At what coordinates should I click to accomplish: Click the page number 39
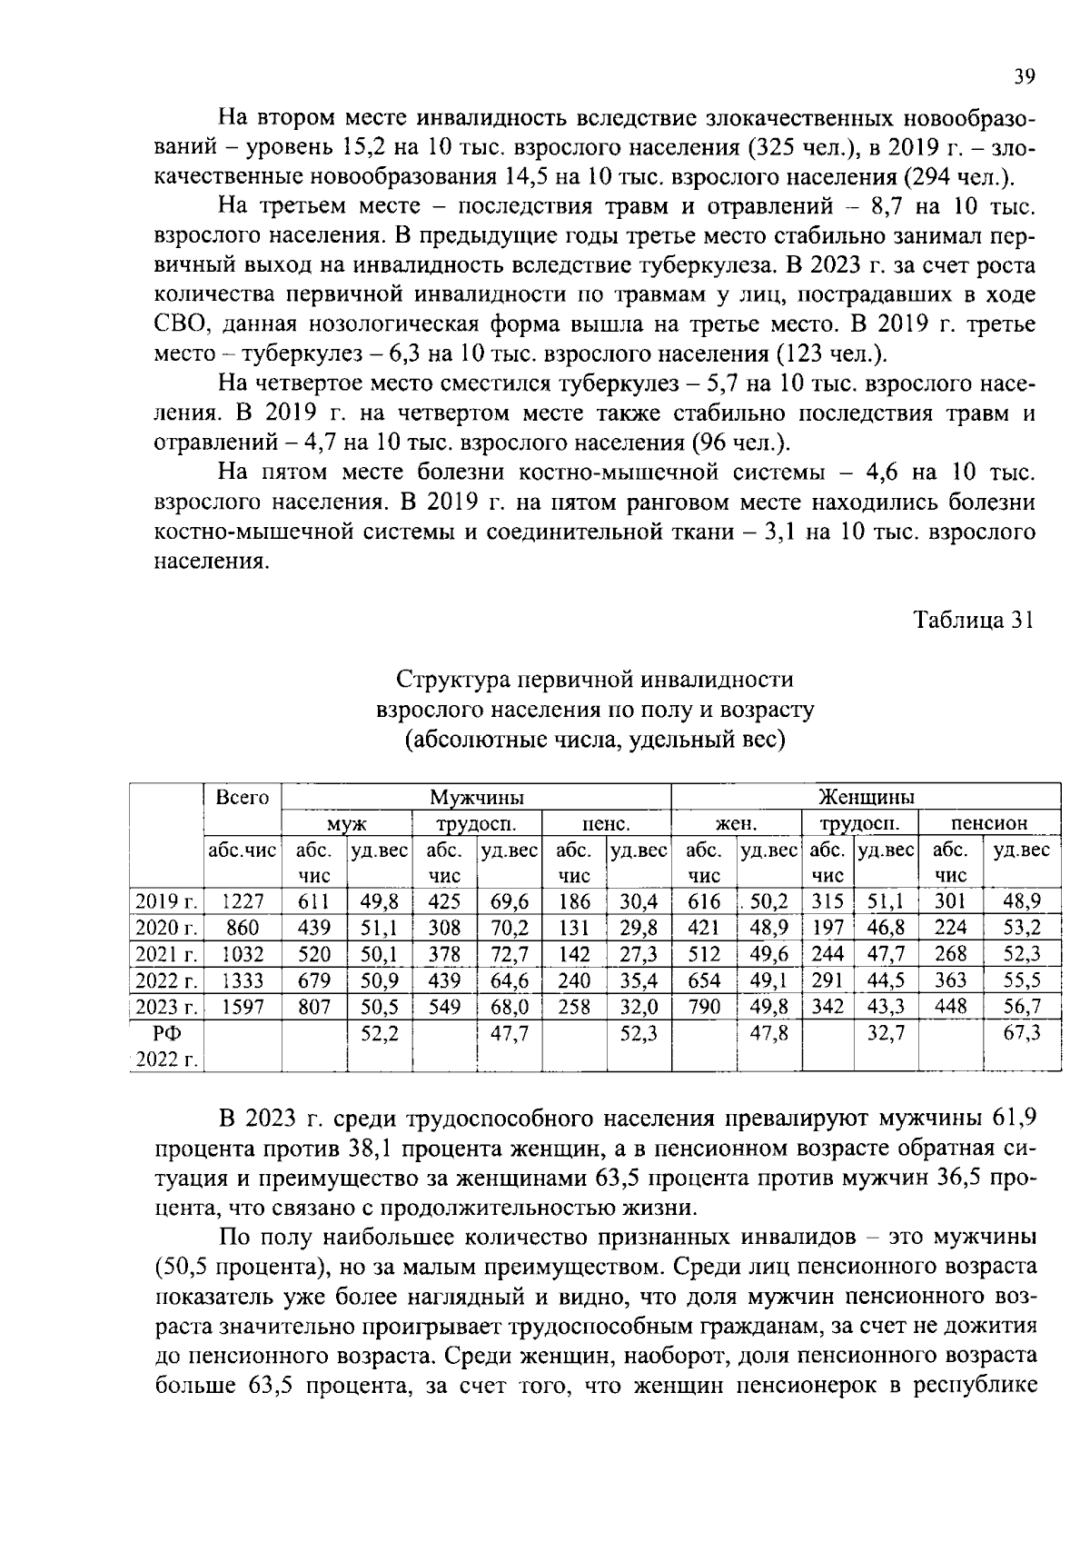(x=1024, y=77)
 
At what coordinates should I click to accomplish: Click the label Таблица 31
(x=974, y=621)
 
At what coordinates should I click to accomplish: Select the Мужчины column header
(x=476, y=798)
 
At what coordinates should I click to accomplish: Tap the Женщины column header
(x=866, y=798)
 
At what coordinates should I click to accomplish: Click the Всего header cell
(x=243, y=797)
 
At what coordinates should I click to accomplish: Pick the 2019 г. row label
(x=166, y=901)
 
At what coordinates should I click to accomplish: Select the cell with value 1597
(x=243, y=1007)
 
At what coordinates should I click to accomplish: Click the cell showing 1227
(x=243, y=901)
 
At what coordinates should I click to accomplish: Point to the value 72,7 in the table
(x=510, y=954)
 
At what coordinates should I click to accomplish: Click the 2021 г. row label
(x=166, y=954)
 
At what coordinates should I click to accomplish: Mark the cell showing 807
(x=314, y=1007)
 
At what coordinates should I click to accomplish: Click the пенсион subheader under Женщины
(x=989, y=824)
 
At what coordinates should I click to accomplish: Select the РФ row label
(x=166, y=1033)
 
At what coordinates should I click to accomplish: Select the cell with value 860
(x=243, y=928)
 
